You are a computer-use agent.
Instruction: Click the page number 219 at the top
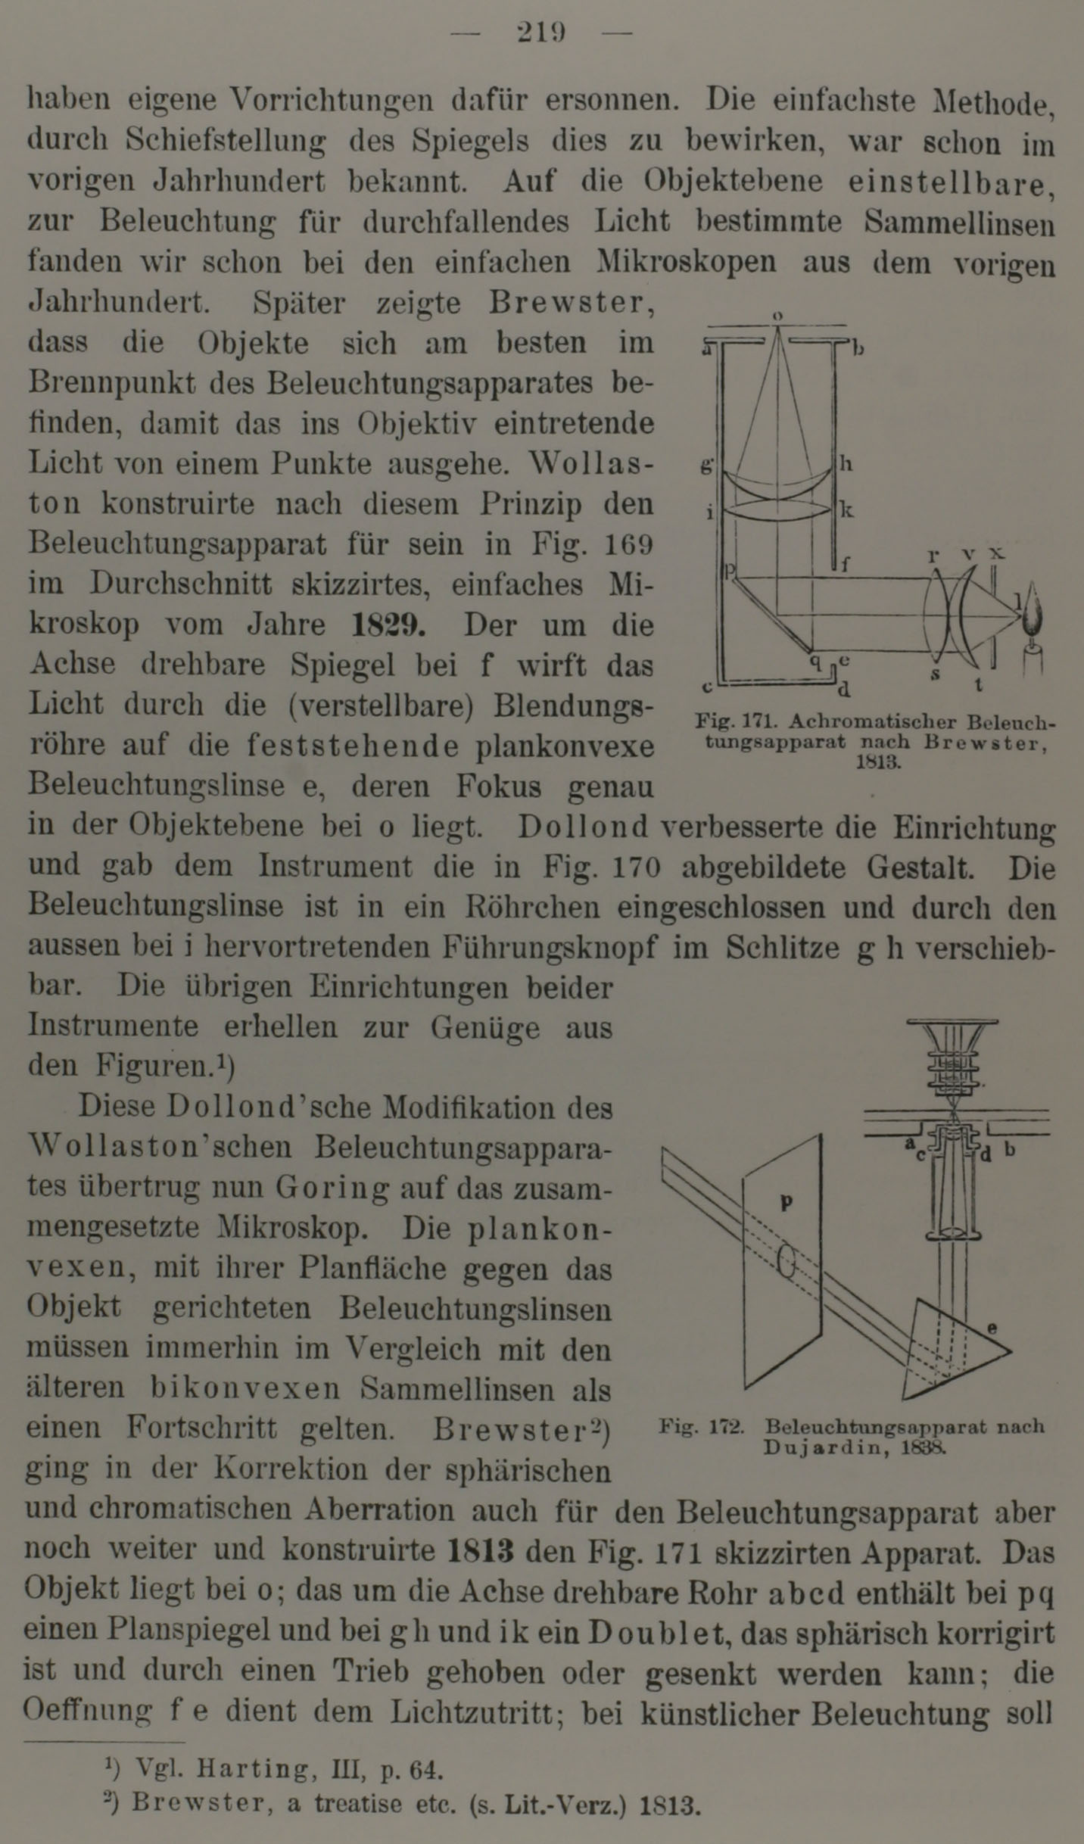click(x=541, y=33)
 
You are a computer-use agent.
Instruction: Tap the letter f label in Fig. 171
click(x=846, y=563)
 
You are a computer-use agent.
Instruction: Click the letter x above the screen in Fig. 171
click(x=997, y=553)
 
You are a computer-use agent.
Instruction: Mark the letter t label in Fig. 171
click(x=979, y=685)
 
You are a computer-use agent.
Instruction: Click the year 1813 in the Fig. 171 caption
click(x=878, y=762)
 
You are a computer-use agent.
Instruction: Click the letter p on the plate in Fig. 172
click(x=787, y=1201)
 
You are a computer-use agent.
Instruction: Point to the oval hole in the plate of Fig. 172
click(x=787, y=1261)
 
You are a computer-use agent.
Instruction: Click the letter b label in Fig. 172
click(x=1009, y=1151)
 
